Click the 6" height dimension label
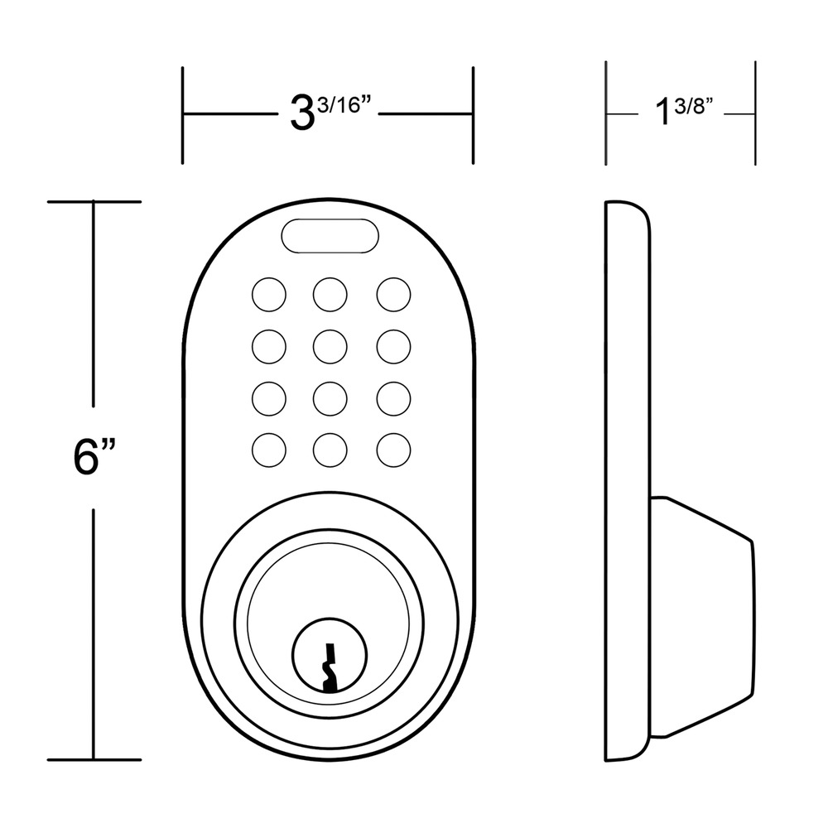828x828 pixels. [x=94, y=457]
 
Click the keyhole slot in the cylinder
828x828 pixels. [x=330, y=667]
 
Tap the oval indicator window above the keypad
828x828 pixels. [x=330, y=235]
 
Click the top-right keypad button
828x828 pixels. [x=393, y=294]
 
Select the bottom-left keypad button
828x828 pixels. [x=269, y=450]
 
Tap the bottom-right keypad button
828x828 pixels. [x=393, y=450]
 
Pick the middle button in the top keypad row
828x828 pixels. [x=330, y=294]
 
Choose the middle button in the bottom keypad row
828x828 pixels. [x=330, y=450]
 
